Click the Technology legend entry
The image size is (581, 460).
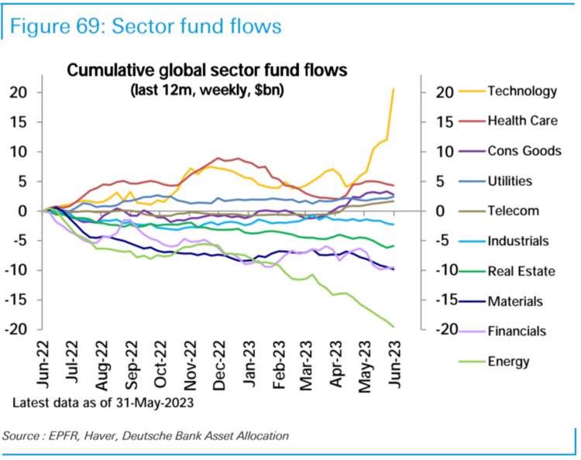[x=522, y=91]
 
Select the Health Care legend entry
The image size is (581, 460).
[x=522, y=121]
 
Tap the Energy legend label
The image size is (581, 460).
[x=508, y=361]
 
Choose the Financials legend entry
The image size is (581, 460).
[x=517, y=331]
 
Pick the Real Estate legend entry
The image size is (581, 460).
[x=519, y=271]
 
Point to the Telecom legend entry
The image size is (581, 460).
[x=512, y=211]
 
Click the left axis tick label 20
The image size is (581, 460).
[x=18, y=92]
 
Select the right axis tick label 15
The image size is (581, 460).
[x=439, y=122]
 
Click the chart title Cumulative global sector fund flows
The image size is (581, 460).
[x=208, y=70]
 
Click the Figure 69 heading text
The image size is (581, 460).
[x=144, y=26]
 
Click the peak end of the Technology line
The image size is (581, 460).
[x=394, y=89]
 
